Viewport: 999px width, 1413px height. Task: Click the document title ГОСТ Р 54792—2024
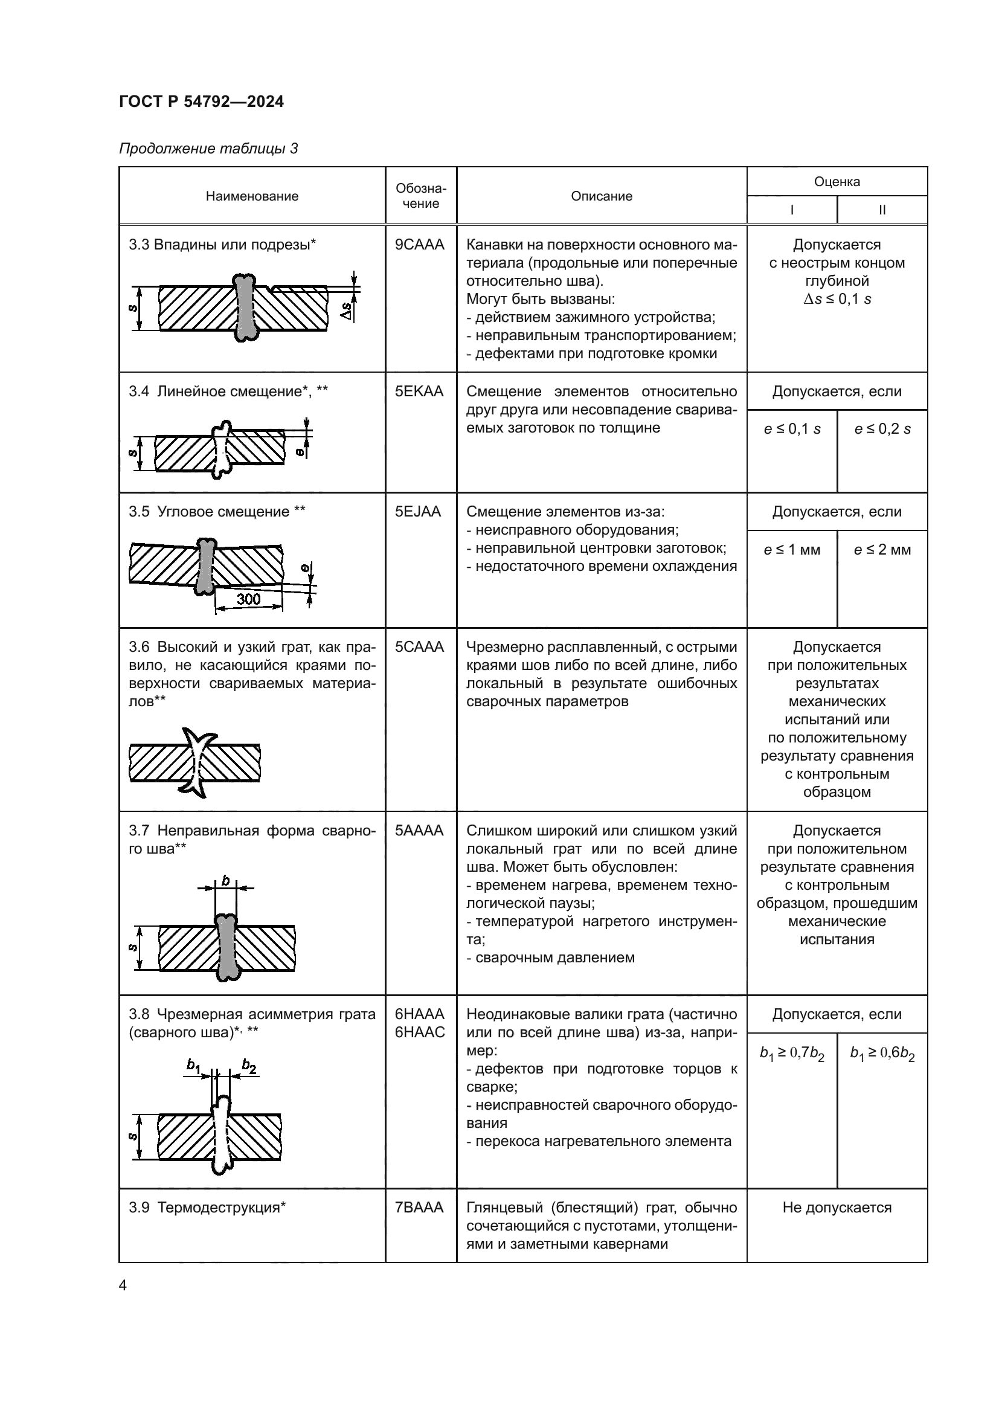pos(201,101)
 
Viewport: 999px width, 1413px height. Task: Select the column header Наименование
pos(252,196)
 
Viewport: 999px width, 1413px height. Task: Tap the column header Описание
pos(601,196)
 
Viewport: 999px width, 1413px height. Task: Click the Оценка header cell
pos(837,182)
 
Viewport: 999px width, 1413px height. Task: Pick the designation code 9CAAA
pos(420,245)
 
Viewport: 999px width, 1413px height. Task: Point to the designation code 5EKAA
pos(420,391)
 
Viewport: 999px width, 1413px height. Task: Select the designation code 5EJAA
pos(419,512)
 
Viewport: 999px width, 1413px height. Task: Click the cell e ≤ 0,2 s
pos(882,430)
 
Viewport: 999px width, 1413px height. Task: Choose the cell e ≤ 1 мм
pos(792,550)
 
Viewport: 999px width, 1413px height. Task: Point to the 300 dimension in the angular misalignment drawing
pos(248,599)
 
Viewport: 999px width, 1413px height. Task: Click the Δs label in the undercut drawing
pos(348,312)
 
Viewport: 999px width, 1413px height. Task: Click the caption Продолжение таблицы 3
pos(208,149)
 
